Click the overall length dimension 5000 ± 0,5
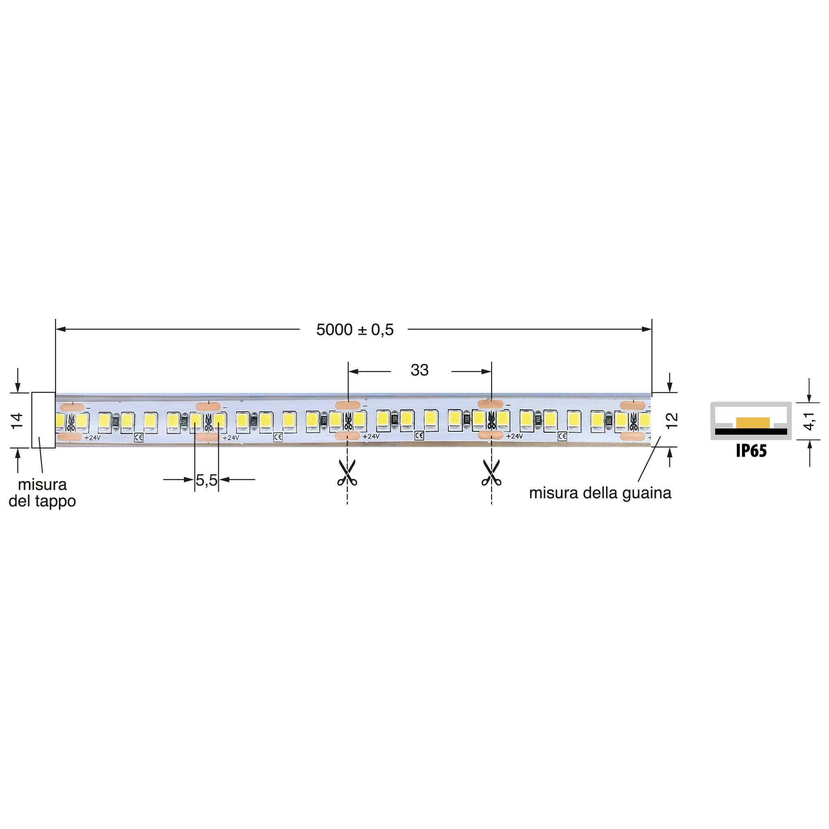pyautogui.click(x=355, y=329)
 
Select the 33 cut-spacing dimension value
pyautogui.click(x=419, y=370)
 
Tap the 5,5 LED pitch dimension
pyautogui.click(x=206, y=480)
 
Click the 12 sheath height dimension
pyautogui.click(x=671, y=420)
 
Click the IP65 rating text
pyautogui.click(x=751, y=450)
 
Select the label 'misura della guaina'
pyautogui.click(x=600, y=493)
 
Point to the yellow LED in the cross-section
pyautogui.click(x=753, y=423)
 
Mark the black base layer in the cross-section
pyautogui.click(x=751, y=432)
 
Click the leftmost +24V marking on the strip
pyautogui.click(x=92, y=438)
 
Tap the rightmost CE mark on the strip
pyautogui.click(x=562, y=436)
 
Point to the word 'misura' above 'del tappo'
pyautogui.click(x=42, y=485)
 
